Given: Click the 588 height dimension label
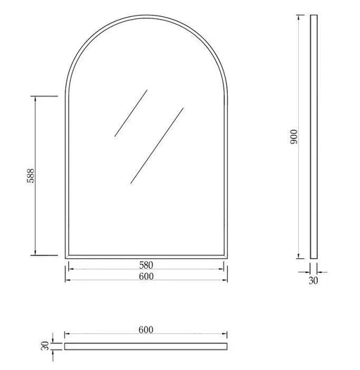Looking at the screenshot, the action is tap(30, 176).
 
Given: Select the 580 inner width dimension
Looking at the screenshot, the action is tap(146, 265).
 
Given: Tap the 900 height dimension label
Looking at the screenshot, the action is tap(294, 137).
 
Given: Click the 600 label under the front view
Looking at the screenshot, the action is tap(146, 276).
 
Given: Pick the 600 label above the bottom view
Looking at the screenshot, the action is tap(146, 330).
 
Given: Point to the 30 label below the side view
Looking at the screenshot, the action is tap(314, 281).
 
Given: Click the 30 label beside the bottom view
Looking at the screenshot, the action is tap(45, 346).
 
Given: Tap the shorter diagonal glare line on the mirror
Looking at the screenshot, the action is tap(131, 113).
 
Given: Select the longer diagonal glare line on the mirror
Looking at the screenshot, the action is tap(157, 146).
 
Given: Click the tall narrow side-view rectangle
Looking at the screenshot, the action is tap(314, 136).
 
